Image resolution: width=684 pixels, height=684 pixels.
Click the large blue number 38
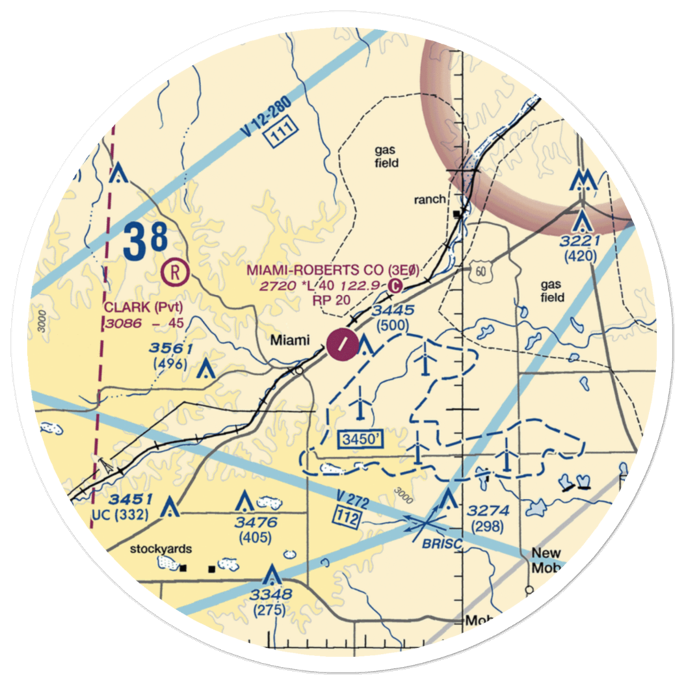(146, 241)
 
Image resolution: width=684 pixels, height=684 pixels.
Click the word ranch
(430, 200)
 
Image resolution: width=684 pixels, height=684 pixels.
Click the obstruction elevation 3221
(580, 241)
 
